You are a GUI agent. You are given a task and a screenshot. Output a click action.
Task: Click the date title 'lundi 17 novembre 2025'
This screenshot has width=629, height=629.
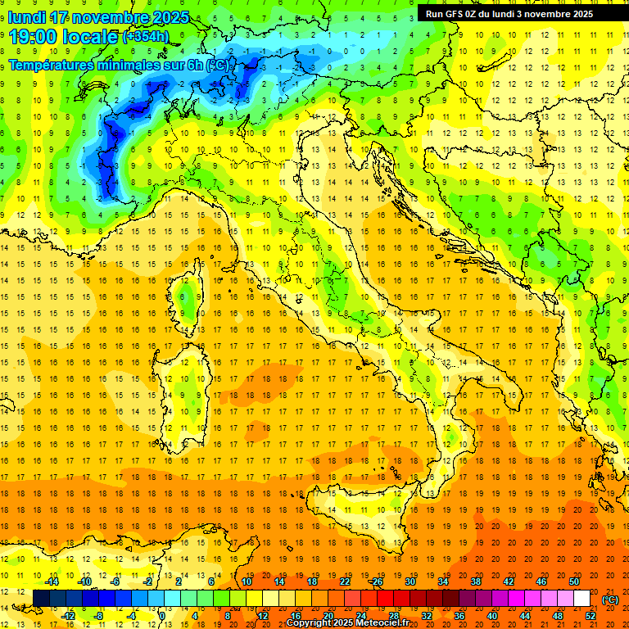pyautogui.click(x=98, y=17)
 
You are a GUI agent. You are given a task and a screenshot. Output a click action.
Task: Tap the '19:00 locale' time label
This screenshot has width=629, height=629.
pyautogui.click(x=64, y=37)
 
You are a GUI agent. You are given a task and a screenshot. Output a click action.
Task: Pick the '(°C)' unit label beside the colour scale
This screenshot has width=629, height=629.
pyautogui.click(x=609, y=600)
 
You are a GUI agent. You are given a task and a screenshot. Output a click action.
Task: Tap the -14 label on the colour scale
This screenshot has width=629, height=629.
pyautogui.click(x=52, y=581)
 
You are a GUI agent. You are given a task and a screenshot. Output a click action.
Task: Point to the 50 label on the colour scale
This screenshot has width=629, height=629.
pyautogui.click(x=574, y=581)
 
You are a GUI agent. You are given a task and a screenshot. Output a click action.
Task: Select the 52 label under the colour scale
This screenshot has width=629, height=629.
pyautogui.click(x=591, y=616)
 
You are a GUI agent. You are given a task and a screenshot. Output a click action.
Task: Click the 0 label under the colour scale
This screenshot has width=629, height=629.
pyautogui.click(x=162, y=616)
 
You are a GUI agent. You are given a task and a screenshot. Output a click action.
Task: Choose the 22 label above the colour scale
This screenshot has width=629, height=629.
pyautogui.click(x=345, y=581)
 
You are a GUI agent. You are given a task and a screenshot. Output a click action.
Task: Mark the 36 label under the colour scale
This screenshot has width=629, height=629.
pyautogui.click(x=459, y=616)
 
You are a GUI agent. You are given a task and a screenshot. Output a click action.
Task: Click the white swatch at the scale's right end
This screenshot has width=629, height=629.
pyautogui.click(x=582, y=599)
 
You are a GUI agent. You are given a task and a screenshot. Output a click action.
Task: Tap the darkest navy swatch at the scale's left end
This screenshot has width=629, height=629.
pyautogui.click(x=41, y=599)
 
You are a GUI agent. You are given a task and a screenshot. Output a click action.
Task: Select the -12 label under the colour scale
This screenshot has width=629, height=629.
pyautogui.click(x=68, y=616)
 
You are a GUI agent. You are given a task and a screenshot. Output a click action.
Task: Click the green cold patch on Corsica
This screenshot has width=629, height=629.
pyautogui.click(x=189, y=301)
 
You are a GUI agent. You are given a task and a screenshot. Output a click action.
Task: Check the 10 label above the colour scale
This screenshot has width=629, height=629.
pyautogui.click(x=247, y=581)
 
